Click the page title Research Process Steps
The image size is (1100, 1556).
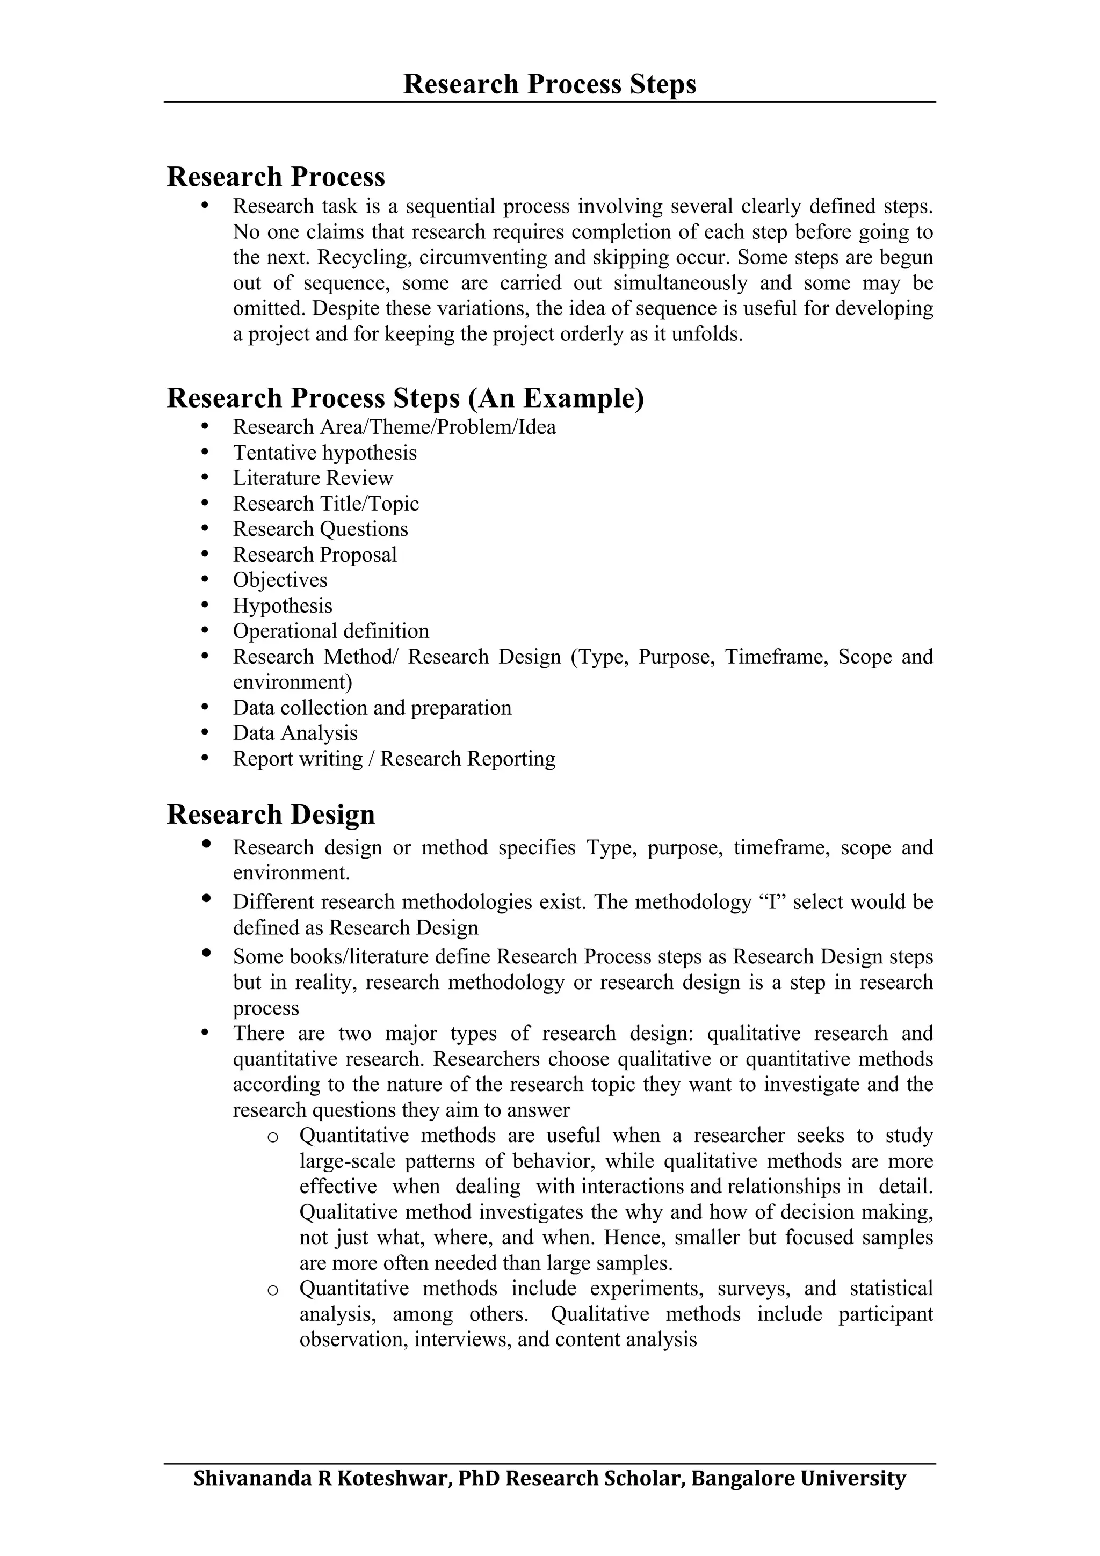549,84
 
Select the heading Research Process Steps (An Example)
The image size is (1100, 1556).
406,398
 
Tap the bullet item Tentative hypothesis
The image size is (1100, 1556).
324,453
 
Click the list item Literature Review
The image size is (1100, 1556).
313,478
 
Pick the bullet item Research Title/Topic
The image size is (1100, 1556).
326,504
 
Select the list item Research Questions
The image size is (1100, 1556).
321,529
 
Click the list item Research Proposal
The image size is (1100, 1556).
315,554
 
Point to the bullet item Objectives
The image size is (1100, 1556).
280,580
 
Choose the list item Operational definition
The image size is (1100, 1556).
331,631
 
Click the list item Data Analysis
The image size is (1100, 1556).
295,733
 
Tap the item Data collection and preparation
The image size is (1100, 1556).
372,708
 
